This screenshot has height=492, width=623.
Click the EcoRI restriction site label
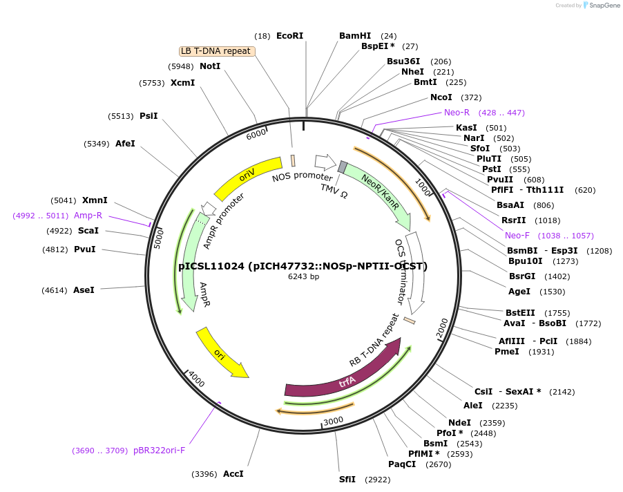click(289, 36)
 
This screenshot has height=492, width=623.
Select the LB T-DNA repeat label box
click(216, 51)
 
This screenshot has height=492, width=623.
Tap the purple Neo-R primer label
click(457, 113)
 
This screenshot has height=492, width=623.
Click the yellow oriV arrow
click(247, 178)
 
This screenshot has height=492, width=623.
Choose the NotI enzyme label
click(210, 66)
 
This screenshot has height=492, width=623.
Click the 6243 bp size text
click(303, 277)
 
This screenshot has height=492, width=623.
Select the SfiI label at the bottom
click(347, 479)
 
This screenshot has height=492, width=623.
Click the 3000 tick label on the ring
click(333, 421)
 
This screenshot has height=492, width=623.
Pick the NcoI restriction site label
click(441, 97)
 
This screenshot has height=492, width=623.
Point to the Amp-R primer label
click(88, 216)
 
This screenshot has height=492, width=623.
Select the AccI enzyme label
click(233, 474)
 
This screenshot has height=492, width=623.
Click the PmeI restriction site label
click(506, 352)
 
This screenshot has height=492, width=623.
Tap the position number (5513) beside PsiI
click(121, 116)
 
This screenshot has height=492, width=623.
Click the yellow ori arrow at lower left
click(220, 353)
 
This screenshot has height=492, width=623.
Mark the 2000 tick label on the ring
click(442, 331)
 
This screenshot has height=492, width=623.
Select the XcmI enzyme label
click(182, 83)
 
